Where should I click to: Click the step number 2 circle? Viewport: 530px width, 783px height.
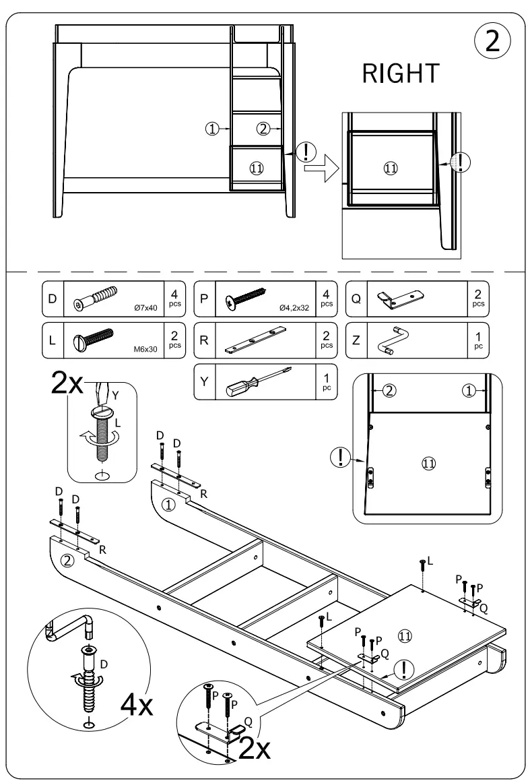pyautogui.click(x=492, y=41)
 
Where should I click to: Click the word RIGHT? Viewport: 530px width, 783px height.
pyautogui.click(x=401, y=75)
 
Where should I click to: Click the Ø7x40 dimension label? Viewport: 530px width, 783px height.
pyautogui.click(x=145, y=308)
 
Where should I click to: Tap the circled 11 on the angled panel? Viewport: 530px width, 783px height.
pyautogui.click(x=405, y=635)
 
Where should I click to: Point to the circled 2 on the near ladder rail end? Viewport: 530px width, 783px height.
pyautogui.click(x=67, y=561)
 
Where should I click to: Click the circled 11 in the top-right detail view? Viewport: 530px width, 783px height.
pyautogui.click(x=390, y=168)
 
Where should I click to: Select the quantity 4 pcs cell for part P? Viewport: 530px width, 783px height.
pyautogui.click(x=326, y=298)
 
